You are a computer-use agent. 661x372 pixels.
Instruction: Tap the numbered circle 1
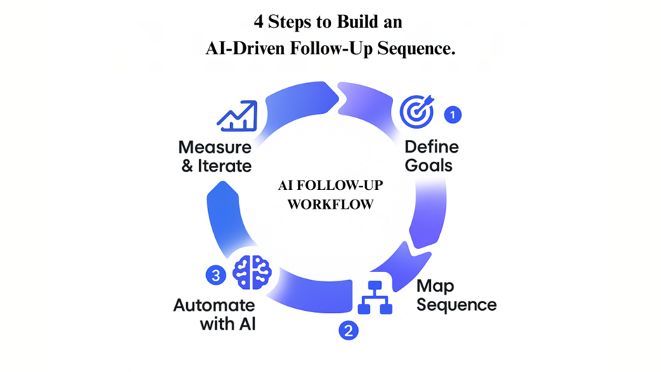pyautogui.click(x=453, y=114)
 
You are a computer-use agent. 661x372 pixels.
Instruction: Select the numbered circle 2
pyautogui.click(x=347, y=329)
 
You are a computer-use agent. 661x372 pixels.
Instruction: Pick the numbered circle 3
pyautogui.click(x=216, y=274)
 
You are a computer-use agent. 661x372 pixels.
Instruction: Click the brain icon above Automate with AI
pyautogui.click(x=251, y=271)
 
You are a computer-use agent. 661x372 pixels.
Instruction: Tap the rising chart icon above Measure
pyautogui.click(x=237, y=117)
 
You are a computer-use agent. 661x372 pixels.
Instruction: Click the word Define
pyautogui.click(x=431, y=147)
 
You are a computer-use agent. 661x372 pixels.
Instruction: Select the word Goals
pyautogui.click(x=428, y=166)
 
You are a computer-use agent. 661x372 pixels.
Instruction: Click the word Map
pyautogui.click(x=435, y=286)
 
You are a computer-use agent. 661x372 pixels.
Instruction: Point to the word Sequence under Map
pyautogui.click(x=456, y=305)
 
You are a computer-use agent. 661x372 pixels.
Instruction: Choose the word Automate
pyautogui.click(x=214, y=306)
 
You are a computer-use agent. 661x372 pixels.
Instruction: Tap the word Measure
pyautogui.click(x=214, y=148)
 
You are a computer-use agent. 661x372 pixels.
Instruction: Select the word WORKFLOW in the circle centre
pyautogui.click(x=329, y=205)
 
